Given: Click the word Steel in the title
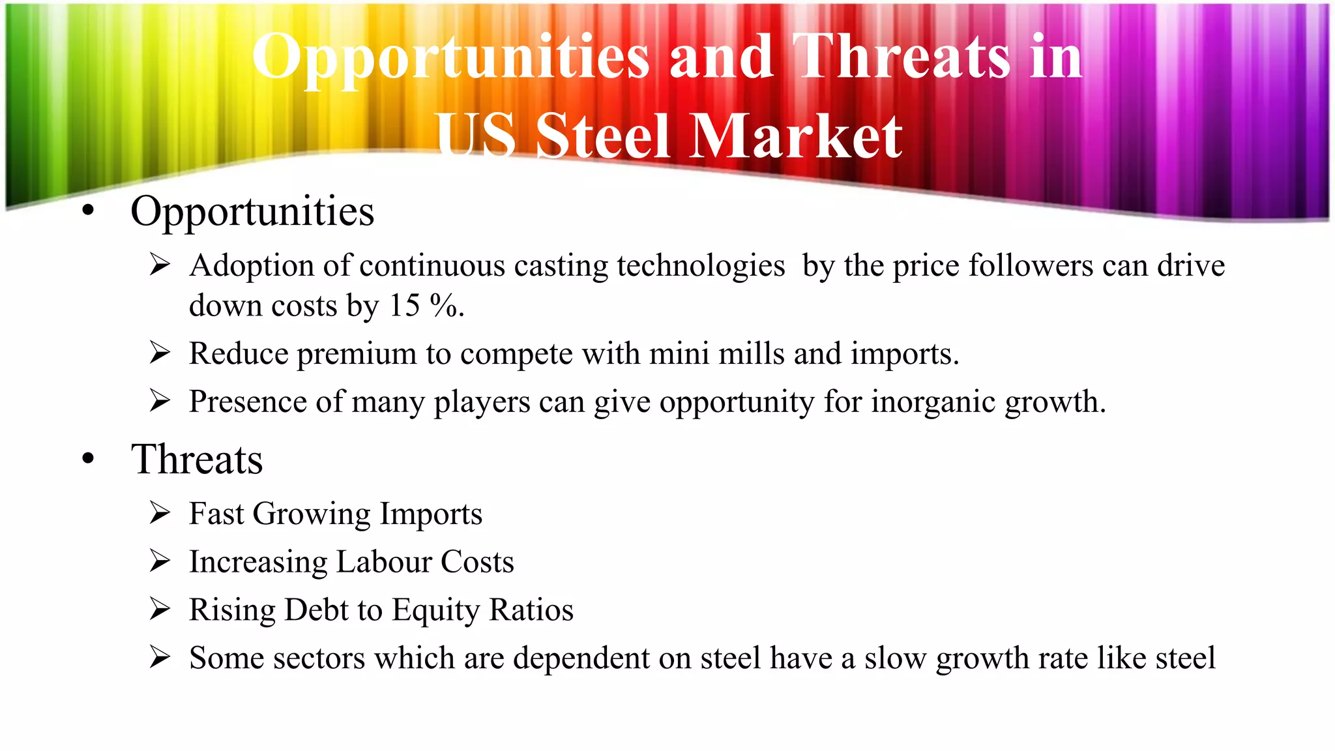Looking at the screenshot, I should pos(603,136).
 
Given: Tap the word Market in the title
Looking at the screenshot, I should pos(796,136).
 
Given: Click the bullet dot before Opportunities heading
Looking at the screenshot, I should pos(89,211).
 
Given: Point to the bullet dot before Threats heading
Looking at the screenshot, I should pos(89,458).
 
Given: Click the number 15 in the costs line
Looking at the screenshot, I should pos(404,305).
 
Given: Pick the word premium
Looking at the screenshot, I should pos(357,354).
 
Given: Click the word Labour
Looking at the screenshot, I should pos(383,561).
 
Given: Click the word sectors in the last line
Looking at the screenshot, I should pos(318,658).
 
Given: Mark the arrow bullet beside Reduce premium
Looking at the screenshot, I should pos(160,353).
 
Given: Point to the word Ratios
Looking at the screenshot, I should pos(531,610).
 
